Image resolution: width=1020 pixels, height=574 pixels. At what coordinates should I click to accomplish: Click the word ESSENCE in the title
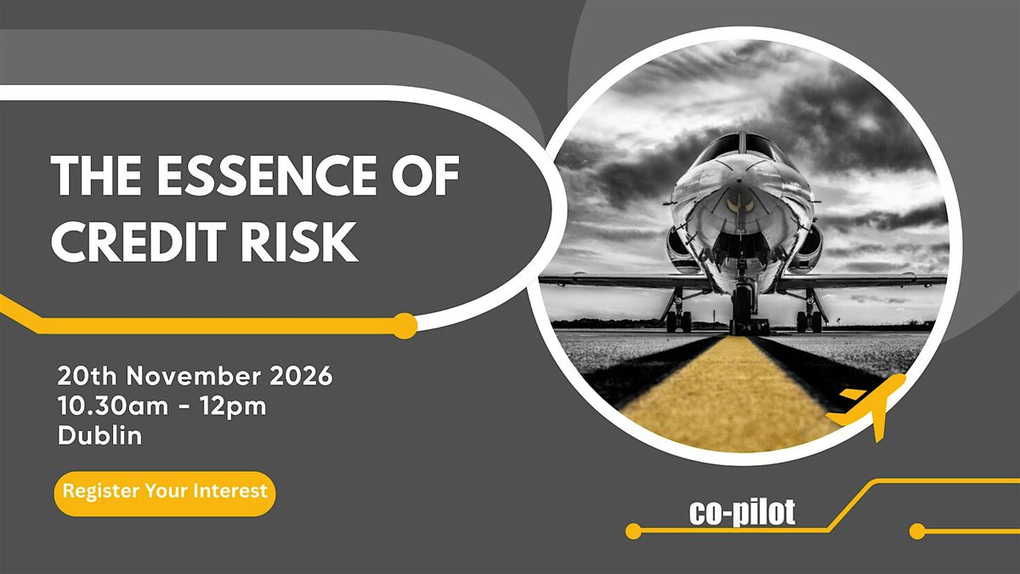tap(267, 175)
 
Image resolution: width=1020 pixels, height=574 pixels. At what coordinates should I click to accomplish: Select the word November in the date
tap(194, 376)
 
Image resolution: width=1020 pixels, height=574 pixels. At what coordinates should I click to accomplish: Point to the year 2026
tap(301, 376)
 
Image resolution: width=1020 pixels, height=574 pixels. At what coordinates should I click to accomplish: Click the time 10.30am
tap(112, 406)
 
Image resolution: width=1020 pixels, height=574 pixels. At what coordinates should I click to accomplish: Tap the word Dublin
tap(99, 435)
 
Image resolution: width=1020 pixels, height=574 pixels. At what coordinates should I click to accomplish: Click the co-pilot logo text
tap(742, 513)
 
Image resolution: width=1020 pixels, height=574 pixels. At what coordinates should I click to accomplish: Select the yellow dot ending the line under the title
tap(405, 326)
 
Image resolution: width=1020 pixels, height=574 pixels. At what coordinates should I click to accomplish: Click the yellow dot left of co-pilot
tap(633, 531)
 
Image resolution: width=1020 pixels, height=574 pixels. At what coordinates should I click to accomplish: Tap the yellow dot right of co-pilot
tap(917, 531)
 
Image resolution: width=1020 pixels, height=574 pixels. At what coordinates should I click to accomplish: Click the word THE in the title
tap(96, 175)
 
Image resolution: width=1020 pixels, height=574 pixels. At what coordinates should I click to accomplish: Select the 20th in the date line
tap(88, 376)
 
